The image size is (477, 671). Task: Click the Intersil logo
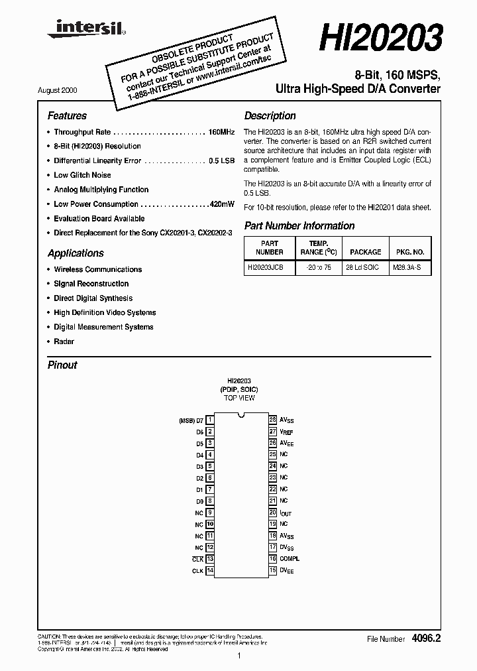83,27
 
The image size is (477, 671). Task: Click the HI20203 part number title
380,38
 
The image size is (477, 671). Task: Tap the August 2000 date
66,90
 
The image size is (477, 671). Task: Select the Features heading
67,115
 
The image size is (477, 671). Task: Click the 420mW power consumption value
221,204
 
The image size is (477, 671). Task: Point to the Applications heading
76,253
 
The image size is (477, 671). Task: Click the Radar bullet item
64,341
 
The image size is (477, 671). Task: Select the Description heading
270,115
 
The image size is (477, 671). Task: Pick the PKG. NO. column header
409,252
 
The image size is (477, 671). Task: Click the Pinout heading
62,365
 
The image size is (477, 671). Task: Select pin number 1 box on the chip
209,420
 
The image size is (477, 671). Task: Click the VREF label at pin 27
286,432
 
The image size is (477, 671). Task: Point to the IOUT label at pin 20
286,513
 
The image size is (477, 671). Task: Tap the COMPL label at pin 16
290,559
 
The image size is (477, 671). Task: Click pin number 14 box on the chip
209,570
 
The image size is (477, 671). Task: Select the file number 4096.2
426,639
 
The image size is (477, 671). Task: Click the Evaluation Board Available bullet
99,219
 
